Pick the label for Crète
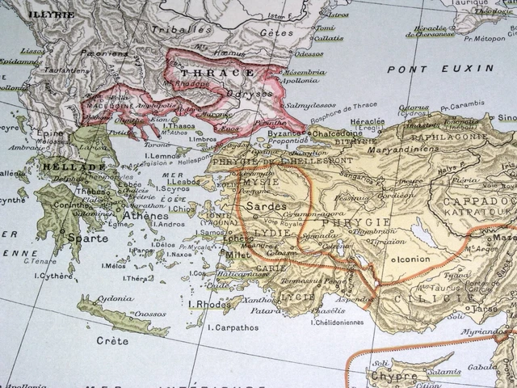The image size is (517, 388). coord(111,340)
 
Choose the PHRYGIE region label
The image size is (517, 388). coord(345,221)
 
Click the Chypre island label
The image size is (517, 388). coord(394,376)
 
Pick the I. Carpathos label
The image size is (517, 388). coord(234,327)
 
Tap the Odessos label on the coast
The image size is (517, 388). coord(309,53)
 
